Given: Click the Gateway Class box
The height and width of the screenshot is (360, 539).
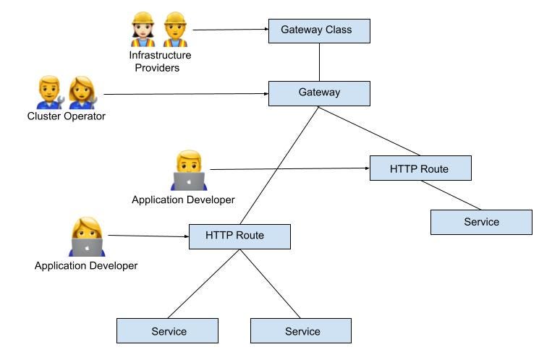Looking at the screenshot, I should [319, 30].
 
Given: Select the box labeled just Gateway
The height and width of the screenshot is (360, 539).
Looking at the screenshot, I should [319, 93].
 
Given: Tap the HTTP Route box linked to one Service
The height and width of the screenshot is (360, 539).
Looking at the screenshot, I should [420, 168].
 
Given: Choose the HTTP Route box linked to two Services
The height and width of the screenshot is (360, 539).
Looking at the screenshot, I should [239, 236].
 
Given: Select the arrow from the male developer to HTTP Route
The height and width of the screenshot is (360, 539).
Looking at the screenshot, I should [289, 169].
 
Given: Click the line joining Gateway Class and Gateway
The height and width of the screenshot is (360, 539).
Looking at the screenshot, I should [319, 62].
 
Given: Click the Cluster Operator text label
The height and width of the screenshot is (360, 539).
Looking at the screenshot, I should [66, 116].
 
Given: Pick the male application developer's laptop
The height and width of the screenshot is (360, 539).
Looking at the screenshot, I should [188, 181].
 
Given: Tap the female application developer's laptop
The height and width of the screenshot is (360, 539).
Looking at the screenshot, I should [87, 247].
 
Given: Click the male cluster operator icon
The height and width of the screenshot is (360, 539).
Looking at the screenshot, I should [49, 93].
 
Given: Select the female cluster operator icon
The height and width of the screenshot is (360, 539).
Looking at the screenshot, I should [82, 93].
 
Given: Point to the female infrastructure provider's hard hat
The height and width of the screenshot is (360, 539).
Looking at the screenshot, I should [143, 17].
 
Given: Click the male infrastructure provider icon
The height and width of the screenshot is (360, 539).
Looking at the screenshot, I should [174, 30].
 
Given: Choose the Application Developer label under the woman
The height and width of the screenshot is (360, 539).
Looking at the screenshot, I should [86, 266].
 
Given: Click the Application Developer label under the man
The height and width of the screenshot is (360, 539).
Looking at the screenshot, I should [183, 200].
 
